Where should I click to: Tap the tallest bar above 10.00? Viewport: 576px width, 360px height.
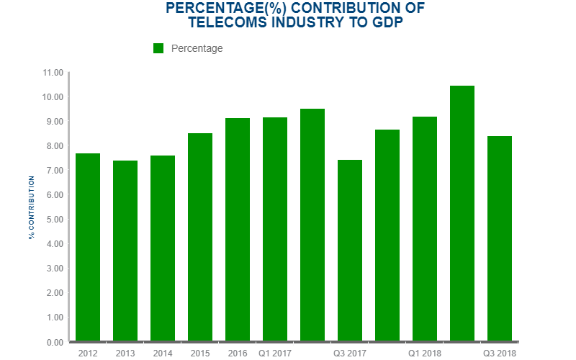(462, 213)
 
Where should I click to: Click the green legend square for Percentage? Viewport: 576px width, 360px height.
(159, 48)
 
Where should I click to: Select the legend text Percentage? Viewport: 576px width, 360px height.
(197, 48)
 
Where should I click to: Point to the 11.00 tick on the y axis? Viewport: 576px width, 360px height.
(54, 73)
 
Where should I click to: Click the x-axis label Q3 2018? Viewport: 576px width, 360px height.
(500, 354)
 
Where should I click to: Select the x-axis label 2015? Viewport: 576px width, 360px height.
(200, 354)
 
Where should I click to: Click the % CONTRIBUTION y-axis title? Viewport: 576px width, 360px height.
(32, 207)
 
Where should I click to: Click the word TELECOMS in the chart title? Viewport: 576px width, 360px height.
(228, 22)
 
